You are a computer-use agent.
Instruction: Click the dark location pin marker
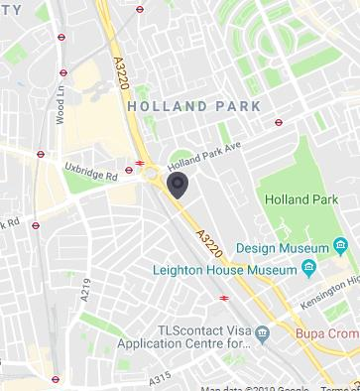[179, 185]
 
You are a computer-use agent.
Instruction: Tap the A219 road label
[87, 288]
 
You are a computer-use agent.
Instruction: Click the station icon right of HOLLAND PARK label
[279, 123]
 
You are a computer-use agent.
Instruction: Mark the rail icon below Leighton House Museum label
[224, 297]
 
